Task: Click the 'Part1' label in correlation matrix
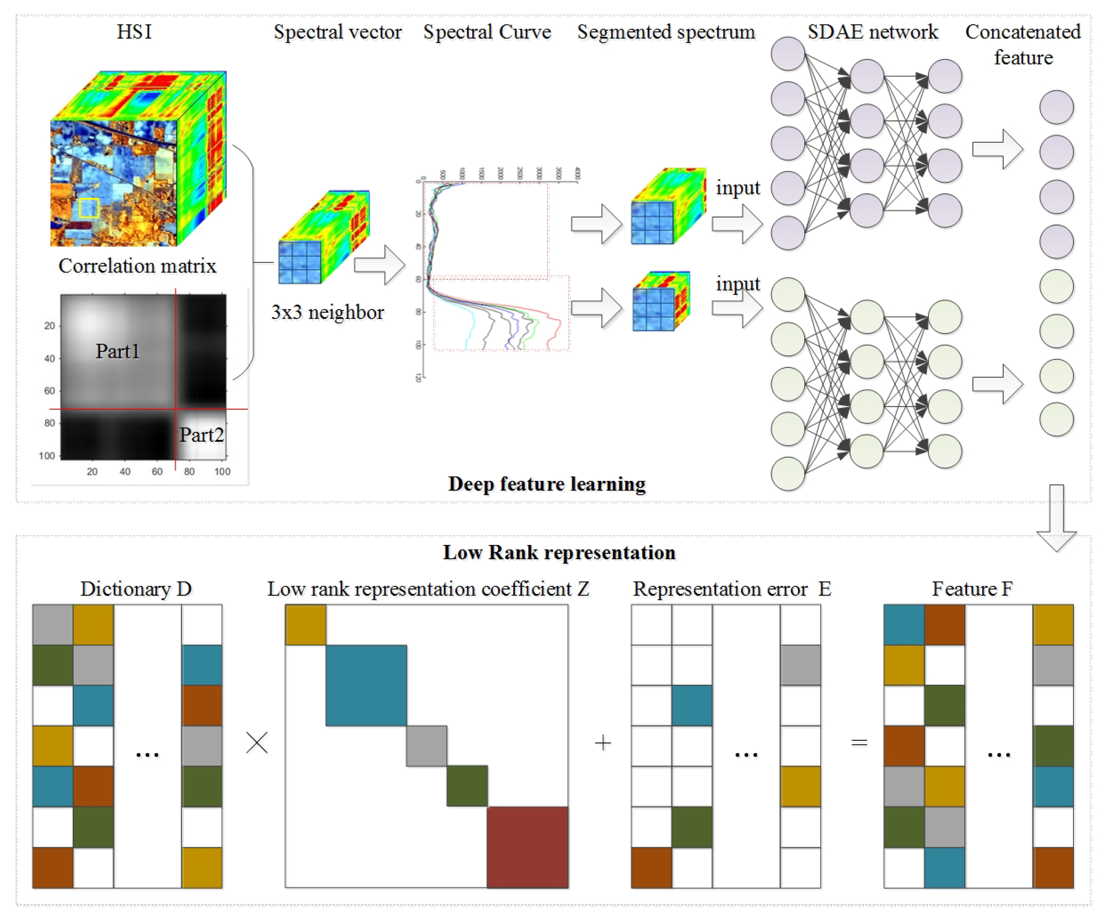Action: click(117, 351)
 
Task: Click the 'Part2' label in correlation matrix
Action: click(202, 435)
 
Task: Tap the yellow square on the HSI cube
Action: click(89, 208)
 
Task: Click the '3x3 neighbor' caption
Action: click(327, 312)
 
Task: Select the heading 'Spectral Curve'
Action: click(487, 32)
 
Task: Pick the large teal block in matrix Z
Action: click(366, 685)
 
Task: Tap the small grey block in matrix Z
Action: click(426, 746)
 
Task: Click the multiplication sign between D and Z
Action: click(257, 743)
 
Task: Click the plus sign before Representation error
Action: click(602, 743)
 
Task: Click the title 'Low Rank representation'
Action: click(559, 552)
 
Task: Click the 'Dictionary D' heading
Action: click(136, 589)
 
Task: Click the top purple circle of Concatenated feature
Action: click(1056, 107)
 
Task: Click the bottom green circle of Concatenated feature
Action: click(1056, 420)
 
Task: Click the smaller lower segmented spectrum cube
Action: click(661, 302)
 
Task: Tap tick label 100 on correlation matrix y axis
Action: click(47, 456)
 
